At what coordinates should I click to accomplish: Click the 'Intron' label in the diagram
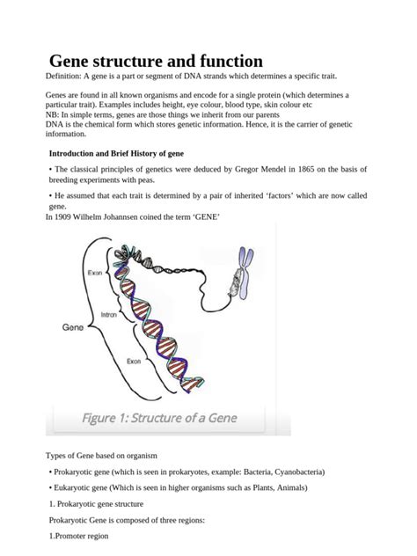(x=109, y=314)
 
